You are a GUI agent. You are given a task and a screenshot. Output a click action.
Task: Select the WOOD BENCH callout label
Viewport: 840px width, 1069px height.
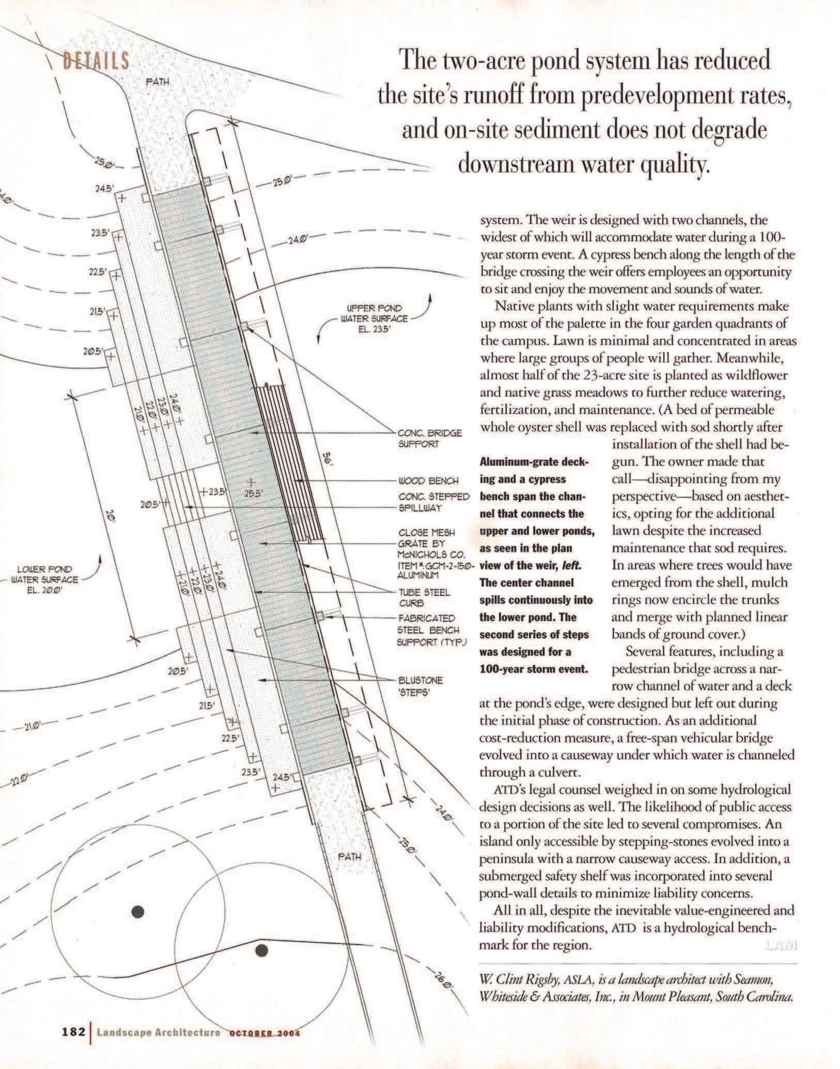click(x=428, y=481)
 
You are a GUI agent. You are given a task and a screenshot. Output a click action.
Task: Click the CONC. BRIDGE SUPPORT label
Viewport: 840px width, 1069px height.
click(x=429, y=438)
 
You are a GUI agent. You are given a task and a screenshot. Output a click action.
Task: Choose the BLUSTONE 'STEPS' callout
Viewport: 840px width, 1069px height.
click(x=420, y=685)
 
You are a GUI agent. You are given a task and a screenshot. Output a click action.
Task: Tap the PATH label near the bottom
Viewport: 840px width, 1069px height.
click(x=349, y=856)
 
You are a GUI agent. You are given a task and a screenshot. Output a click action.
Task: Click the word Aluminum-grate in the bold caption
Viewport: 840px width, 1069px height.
click(x=525, y=462)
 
